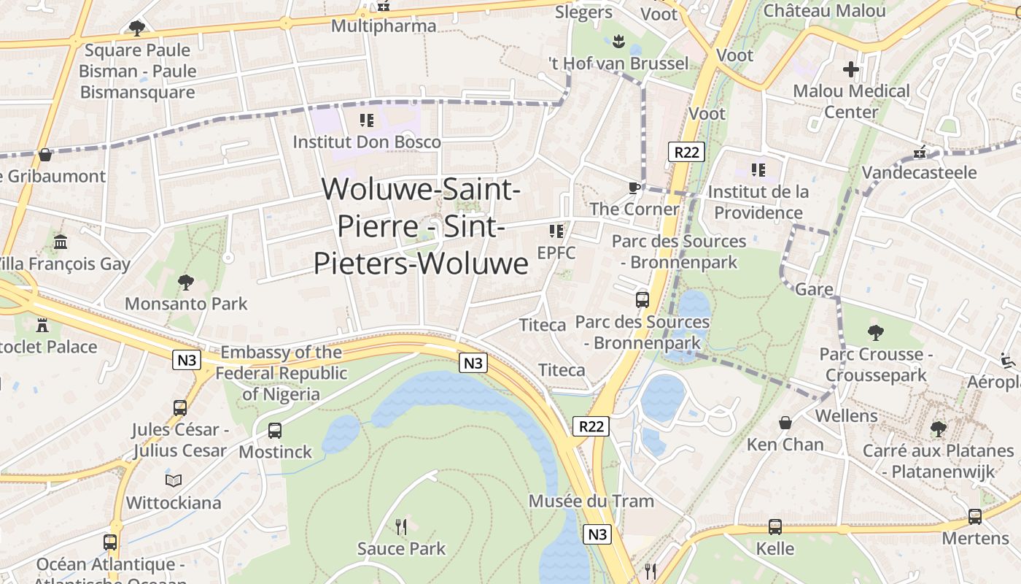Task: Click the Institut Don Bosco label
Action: click(367, 142)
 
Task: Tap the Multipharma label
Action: click(384, 26)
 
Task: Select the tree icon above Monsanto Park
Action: click(186, 282)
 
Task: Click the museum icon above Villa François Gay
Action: click(61, 242)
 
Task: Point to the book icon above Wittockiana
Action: click(173, 480)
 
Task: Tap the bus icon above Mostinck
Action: click(275, 431)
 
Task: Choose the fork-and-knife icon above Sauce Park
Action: click(400, 526)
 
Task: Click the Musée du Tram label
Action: click(591, 502)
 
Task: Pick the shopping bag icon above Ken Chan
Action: click(785, 423)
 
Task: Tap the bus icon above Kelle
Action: click(775, 526)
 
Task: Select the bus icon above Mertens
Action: click(975, 516)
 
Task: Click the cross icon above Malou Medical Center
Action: click(851, 70)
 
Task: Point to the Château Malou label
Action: click(824, 10)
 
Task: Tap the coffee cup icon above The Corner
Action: click(634, 188)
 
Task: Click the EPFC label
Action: click(556, 253)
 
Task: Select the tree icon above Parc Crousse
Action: click(876, 333)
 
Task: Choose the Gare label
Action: click(814, 289)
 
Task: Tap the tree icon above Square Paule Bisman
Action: click(136, 28)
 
